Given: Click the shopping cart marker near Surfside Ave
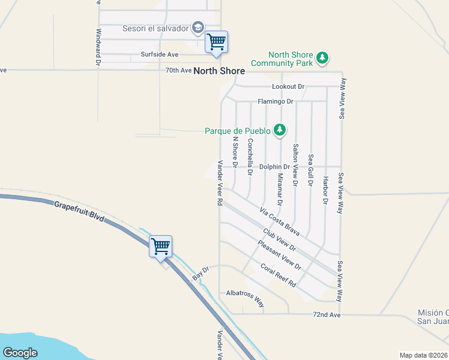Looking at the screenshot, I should point(216,42).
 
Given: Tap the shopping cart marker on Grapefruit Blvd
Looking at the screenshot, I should point(161,246).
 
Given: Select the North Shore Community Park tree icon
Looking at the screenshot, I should point(323,58).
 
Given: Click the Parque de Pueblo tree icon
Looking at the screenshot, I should point(279,129).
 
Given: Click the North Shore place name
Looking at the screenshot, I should point(219,71).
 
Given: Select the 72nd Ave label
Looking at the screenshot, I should point(327,314).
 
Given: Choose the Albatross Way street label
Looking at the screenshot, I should point(245,298).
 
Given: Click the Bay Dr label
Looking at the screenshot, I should point(200,274).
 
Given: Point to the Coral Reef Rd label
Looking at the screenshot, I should point(279,274).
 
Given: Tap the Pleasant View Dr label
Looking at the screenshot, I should point(279,254).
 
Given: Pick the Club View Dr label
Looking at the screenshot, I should point(280,239).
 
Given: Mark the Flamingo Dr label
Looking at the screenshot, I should point(275,101).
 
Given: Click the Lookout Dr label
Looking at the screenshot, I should point(289,87).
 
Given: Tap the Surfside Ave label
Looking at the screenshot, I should point(160,55).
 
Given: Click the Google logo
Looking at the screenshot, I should point(20,353).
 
